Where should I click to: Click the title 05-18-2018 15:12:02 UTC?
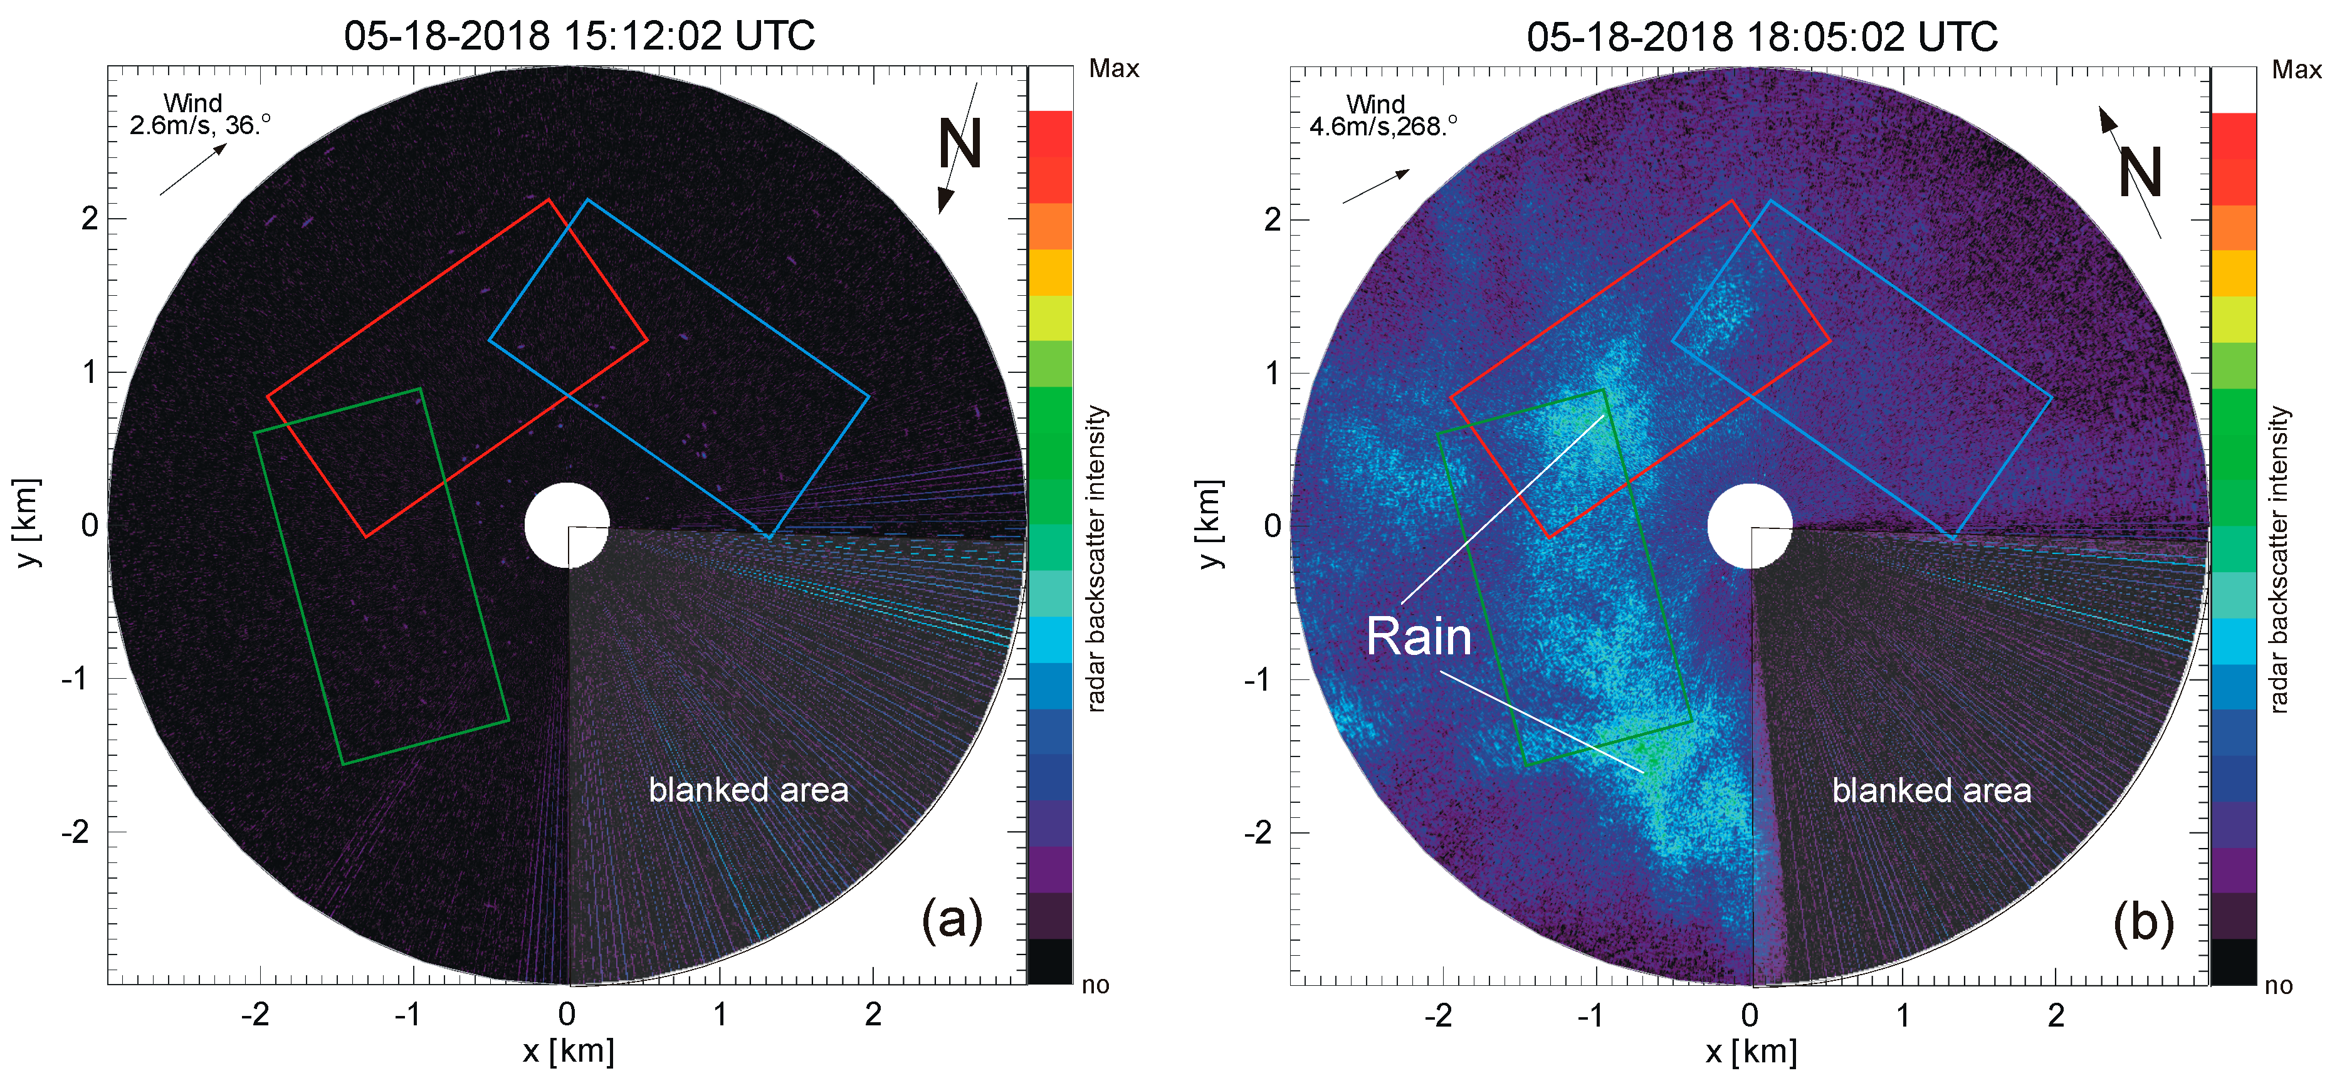579,36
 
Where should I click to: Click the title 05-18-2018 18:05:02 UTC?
1762,36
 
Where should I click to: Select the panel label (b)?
2143,923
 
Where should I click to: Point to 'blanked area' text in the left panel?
748,790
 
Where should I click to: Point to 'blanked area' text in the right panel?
1931,790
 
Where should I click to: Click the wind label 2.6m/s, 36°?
199,124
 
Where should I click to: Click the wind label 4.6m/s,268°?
1383,126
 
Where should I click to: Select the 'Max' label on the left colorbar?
1113,69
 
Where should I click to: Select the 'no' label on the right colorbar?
2278,985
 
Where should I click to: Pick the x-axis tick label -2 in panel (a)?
255,1014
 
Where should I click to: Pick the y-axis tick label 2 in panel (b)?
1272,219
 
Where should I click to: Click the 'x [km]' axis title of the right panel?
1751,1051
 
